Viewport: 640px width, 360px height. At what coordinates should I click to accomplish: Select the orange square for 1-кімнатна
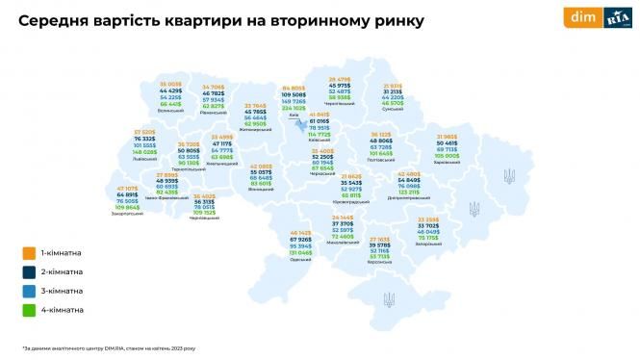[31, 254]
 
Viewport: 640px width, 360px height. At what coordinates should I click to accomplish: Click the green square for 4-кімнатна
[31, 310]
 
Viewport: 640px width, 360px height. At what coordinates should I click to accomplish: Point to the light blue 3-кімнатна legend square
[31, 291]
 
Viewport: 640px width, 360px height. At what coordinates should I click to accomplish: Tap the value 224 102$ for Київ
[294, 109]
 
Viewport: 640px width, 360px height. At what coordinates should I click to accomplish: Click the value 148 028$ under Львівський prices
[145, 152]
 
